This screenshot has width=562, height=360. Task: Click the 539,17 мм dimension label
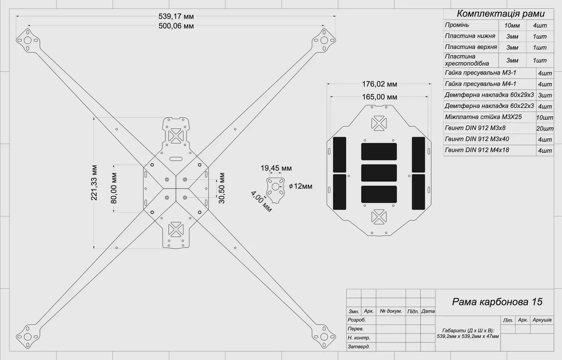[x=176, y=16]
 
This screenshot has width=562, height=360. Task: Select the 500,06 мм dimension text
[x=176, y=26]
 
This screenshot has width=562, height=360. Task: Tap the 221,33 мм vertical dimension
[x=94, y=183]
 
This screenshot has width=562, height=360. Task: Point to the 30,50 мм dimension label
[x=222, y=188]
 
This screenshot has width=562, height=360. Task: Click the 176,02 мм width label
[x=379, y=84]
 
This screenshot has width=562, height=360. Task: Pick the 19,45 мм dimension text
[x=276, y=168]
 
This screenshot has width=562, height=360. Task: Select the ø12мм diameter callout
[x=301, y=186]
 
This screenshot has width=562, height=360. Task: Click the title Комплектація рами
[x=501, y=14]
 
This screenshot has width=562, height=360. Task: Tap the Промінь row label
[x=457, y=25]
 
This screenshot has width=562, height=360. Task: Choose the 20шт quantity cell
[x=545, y=129]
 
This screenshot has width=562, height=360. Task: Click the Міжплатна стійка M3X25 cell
[x=483, y=117]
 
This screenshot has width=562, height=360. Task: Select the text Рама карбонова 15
[x=497, y=302]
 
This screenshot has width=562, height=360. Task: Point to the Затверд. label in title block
[x=359, y=347]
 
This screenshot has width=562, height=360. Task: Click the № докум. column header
[x=391, y=311]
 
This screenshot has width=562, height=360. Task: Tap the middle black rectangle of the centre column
[x=379, y=173]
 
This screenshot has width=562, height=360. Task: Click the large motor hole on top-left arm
[x=28, y=40]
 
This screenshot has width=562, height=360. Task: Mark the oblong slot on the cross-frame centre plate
[x=176, y=159]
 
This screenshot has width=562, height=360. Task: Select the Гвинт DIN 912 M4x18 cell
[x=477, y=150]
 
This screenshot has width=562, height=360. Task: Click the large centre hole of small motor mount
[x=276, y=187]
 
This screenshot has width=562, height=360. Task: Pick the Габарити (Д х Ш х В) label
[x=468, y=330]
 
